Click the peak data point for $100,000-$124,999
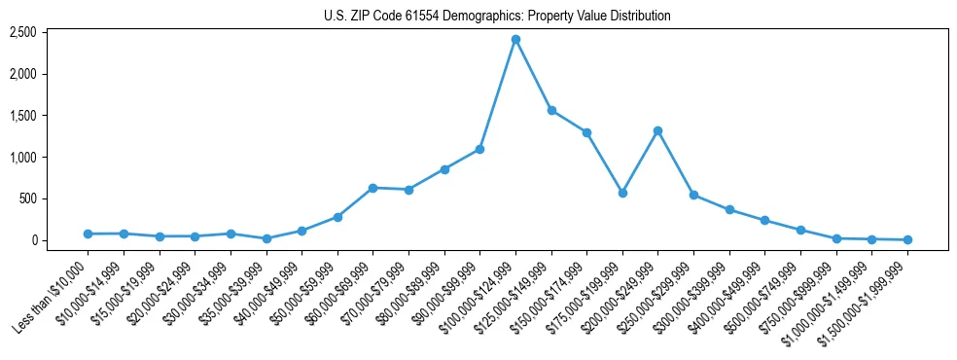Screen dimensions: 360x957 [x=515, y=39]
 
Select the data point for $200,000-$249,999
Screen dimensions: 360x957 [x=658, y=130]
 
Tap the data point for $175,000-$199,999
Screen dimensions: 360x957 [x=622, y=193]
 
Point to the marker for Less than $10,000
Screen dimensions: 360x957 [x=88, y=234]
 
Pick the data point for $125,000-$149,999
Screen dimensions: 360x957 [x=551, y=110]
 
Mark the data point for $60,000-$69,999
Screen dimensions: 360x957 [x=372, y=188]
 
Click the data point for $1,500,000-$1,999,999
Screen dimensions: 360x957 [x=907, y=239]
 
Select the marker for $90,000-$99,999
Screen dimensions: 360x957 [x=479, y=149]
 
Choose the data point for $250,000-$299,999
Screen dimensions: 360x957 [x=693, y=195]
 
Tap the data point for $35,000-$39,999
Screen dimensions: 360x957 [x=266, y=238]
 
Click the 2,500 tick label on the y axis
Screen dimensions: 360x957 [x=51, y=32]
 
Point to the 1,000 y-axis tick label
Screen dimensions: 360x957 [x=51, y=157]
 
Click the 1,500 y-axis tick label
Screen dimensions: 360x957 [x=51, y=116]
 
